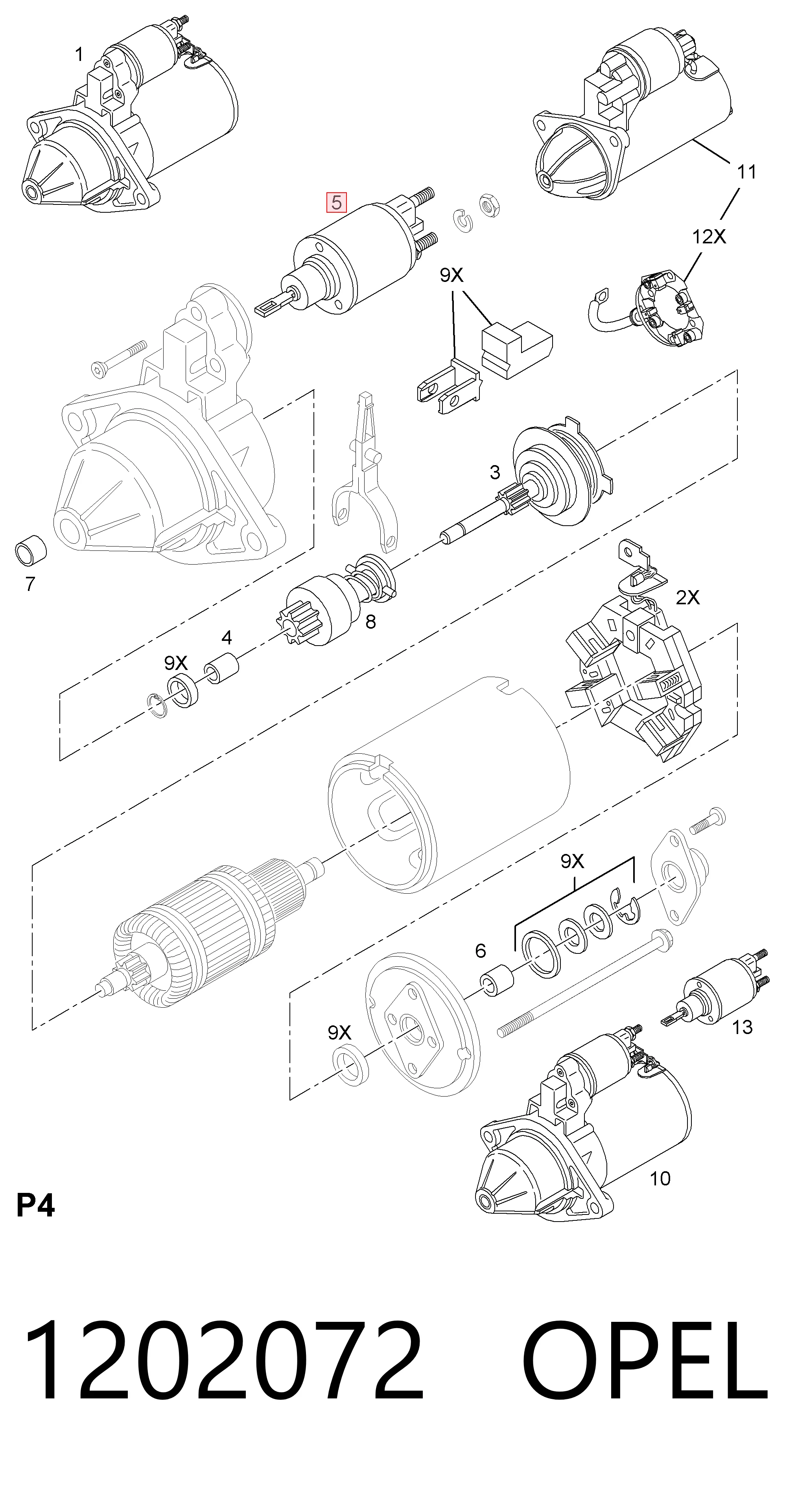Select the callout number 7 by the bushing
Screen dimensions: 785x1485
[30, 584]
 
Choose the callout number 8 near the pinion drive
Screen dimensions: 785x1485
[370, 622]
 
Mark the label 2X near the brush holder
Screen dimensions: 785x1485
[687, 597]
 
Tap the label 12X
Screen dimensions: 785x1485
[709, 236]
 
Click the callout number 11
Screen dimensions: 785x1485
[746, 172]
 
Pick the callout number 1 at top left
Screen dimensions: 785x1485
[79, 55]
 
